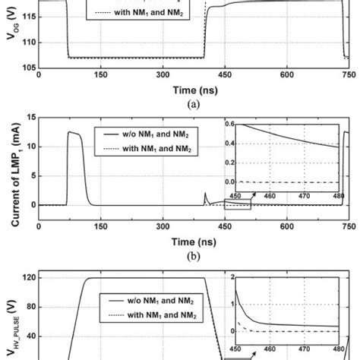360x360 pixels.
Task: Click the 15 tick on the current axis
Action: tap(30, 116)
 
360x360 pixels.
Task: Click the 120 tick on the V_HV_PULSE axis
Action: tap(29, 278)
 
